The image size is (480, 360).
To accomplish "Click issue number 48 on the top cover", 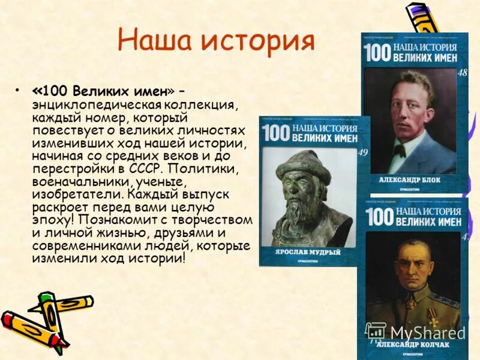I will coord(461,73).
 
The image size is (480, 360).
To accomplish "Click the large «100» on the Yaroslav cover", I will coord(275,134).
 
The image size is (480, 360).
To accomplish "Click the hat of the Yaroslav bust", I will coord(304,166).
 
